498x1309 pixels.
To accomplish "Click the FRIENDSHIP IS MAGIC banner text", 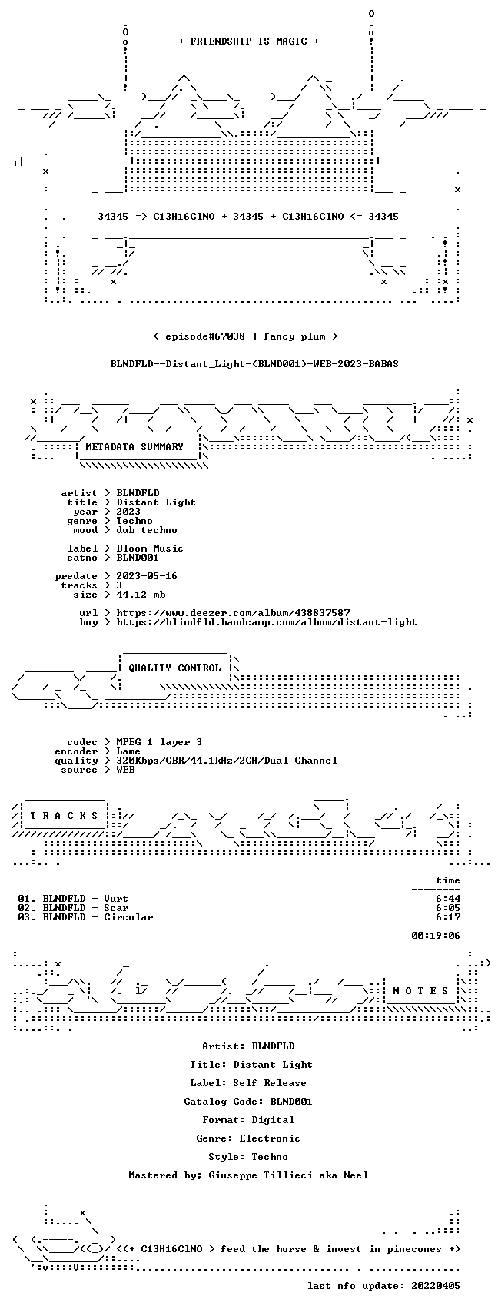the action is (x=248, y=41).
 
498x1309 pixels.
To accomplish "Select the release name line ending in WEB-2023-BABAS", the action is (x=254, y=363).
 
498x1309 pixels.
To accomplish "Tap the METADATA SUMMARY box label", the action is (x=134, y=446).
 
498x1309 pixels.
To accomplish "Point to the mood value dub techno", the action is (x=147, y=530).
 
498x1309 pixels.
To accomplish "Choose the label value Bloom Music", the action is (x=150, y=548).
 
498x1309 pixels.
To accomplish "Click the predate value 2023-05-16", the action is (x=147, y=575).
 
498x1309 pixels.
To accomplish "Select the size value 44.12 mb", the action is (x=141, y=595).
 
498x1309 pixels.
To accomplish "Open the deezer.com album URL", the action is (x=233, y=612).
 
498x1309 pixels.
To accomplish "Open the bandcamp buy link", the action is (x=267, y=621).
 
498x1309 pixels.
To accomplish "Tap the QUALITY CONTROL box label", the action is (x=174, y=668).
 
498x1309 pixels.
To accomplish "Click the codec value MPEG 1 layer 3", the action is (x=159, y=741).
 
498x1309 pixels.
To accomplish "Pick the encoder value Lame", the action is (x=128, y=751).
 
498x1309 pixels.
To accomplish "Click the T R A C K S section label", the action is (x=64, y=815).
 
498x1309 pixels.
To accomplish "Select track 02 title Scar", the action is (x=116, y=907).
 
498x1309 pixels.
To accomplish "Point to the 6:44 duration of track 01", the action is (x=448, y=898).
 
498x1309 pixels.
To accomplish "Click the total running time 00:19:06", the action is (x=436, y=935).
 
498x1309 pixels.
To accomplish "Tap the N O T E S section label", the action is (x=420, y=990).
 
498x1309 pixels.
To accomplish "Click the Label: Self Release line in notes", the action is (x=248, y=1082).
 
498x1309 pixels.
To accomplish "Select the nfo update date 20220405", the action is (x=436, y=1285).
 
